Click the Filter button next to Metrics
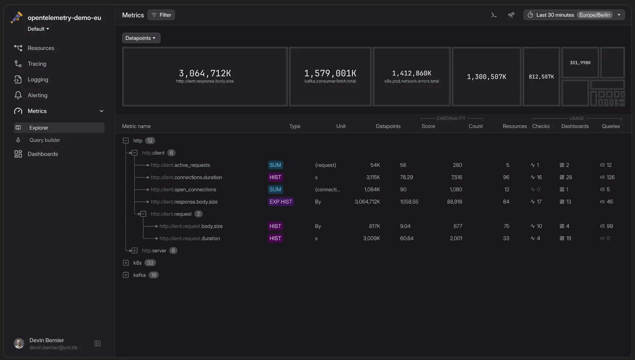(x=161, y=15)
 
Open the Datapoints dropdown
(x=141, y=38)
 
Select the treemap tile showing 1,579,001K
(x=330, y=76)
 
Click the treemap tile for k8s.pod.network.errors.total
(x=411, y=76)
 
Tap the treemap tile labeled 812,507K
(x=541, y=77)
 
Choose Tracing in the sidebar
(x=37, y=64)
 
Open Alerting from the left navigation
(x=37, y=95)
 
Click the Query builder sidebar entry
(x=45, y=140)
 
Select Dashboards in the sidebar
(x=43, y=154)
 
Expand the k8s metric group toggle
(x=126, y=263)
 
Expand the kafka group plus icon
(x=126, y=275)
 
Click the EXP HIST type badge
(x=281, y=202)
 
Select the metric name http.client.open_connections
(x=183, y=190)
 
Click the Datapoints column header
(x=388, y=126)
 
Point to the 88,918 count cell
(x=454, y=202)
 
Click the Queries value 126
(x=610, y=177)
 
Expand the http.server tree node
(x=134, y=251)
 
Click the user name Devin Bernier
(x=47, y=340)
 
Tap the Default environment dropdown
(x=38, y=29)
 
